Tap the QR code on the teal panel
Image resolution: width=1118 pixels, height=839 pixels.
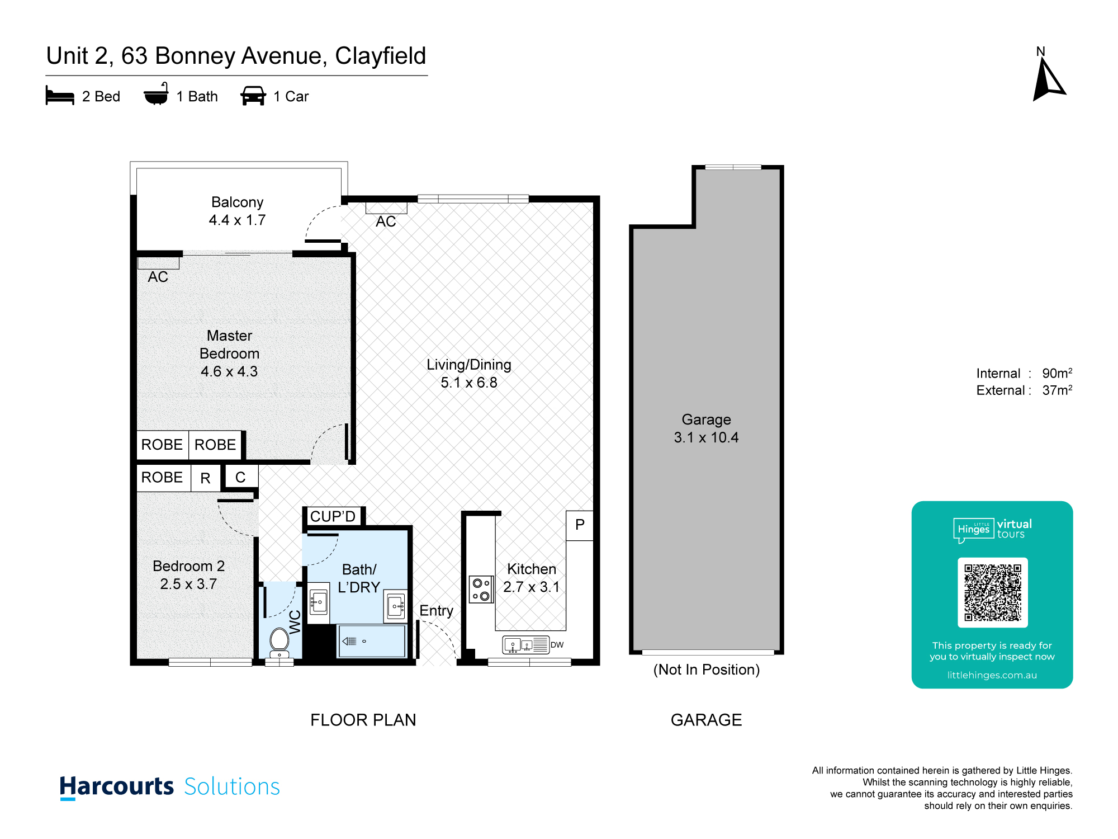coord(993,592)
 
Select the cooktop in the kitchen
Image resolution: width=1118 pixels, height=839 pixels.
coord(481,590)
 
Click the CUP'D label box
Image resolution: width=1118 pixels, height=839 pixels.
coord(333,516)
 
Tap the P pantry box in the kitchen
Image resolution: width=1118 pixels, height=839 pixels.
coord(580,525)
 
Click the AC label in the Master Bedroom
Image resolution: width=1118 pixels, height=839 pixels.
coord(158,277)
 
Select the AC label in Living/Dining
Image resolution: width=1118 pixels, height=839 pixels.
coord(386,221)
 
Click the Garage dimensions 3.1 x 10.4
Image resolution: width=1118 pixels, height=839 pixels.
coord(706,437)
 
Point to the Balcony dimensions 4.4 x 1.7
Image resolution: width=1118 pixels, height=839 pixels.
coord(237,220)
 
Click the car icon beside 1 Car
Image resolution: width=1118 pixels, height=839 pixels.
coord(253,96)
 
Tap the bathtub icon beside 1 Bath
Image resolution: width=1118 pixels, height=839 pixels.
coord(156,95)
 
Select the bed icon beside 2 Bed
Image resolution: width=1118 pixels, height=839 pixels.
coord(60,96)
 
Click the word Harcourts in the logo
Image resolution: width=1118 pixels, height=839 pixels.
coord(117,786)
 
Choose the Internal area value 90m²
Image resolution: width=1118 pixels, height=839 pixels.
coord(1057,373)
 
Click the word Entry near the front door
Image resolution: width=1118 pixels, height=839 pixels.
coord(436,611)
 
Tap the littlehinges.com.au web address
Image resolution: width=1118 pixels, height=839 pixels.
coord(992,675)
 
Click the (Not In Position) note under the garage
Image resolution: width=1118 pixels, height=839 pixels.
coord(707,670)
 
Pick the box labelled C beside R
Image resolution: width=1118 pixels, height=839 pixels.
coord(241,477)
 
